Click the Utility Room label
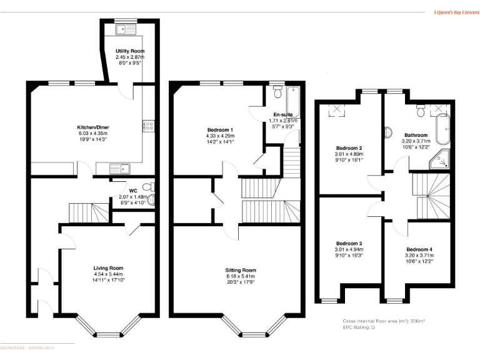pos(130,51)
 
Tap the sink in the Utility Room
pos(126,29)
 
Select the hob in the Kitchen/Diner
pos(149,126)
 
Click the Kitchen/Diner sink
pos(120,169)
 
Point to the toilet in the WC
pos(149,186)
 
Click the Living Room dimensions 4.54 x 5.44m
pos(108,274)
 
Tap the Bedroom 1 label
pos(220,130)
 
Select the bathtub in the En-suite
pos(294,102)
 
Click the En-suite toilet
pos(278,91)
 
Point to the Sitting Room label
pos(241,270)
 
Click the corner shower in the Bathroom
pos(439,159)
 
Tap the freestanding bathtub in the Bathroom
pos(443,129)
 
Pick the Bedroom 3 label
pos(349,243)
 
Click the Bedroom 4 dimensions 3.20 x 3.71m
pos(419,255)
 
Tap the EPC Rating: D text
pos(359,327)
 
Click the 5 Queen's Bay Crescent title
pos(456,12)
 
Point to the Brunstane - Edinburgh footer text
pos(27,347)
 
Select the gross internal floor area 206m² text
pos(384,321)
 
